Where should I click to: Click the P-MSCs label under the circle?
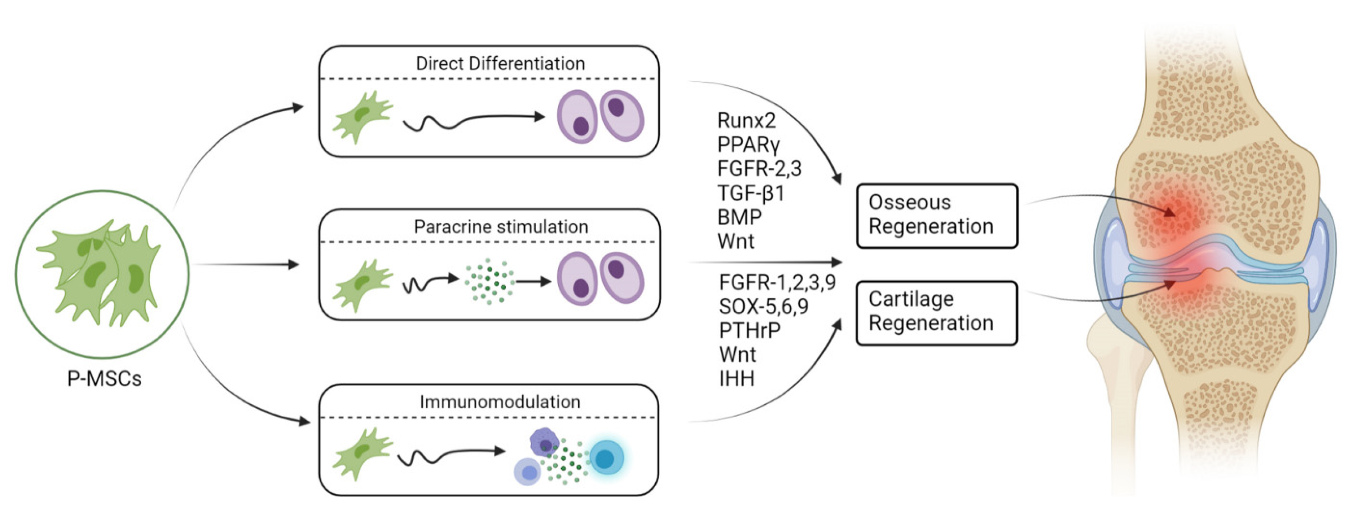104,378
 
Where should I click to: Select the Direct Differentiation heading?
500,63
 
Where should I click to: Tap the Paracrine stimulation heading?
501,227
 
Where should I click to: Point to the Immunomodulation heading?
500,402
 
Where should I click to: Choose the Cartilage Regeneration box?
937,313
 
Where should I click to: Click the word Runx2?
746,120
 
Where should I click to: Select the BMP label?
739,217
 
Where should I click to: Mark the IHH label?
736,379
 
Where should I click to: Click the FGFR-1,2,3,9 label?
777,282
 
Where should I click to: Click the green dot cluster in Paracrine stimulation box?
489,281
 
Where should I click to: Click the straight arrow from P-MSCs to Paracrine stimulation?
245,264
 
